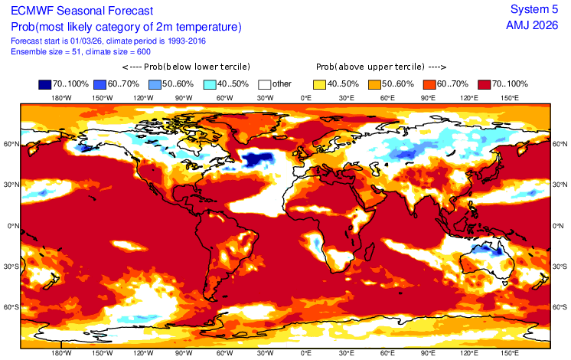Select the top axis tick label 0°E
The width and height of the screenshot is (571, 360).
(x=305, y=98)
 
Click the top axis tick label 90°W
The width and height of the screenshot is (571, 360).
(x=183, y=98)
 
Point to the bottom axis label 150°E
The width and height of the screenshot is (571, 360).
(x=510, y=353)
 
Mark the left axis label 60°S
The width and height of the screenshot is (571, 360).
(x=9, y=307)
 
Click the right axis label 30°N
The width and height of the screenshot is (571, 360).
(x=560, y=185)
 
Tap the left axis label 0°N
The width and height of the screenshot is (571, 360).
(x=10, y=226)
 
